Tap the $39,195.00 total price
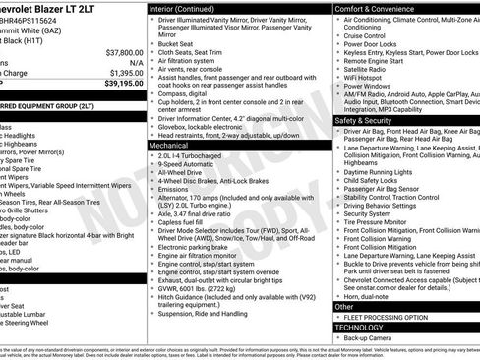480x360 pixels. pos(123,85)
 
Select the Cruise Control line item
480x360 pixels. pos(378,34)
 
